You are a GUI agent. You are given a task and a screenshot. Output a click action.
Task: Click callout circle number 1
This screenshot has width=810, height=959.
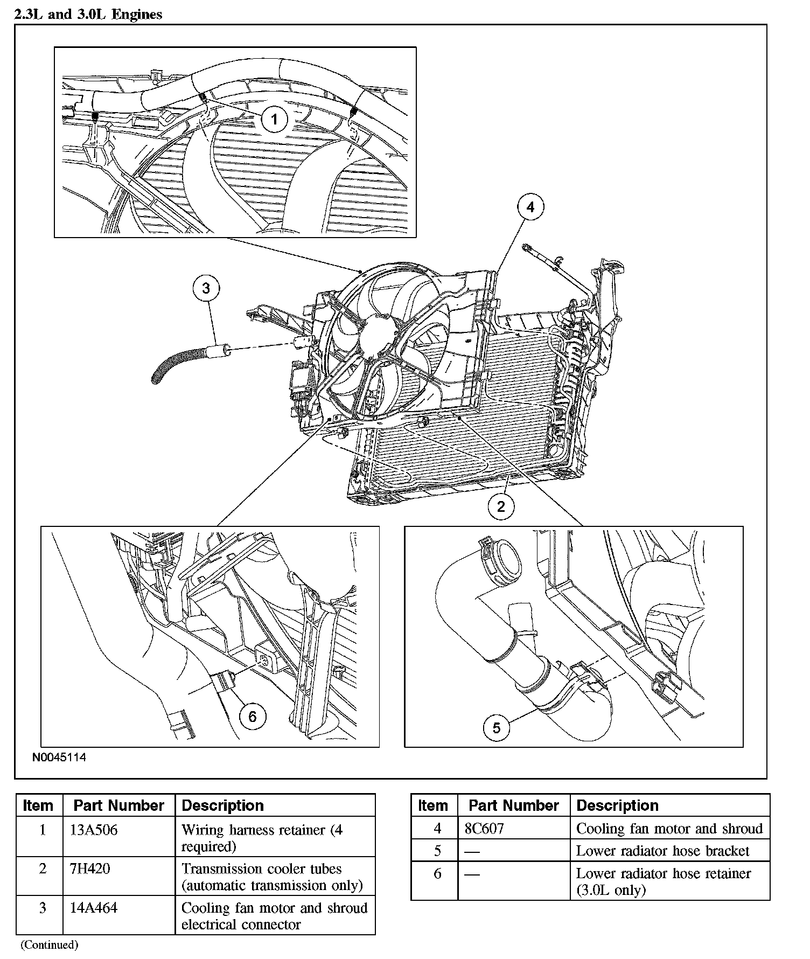point(274,119)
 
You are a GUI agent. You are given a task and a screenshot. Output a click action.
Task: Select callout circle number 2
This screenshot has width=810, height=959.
point(501,506)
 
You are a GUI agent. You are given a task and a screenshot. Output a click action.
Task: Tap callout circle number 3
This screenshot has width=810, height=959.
point(206,288)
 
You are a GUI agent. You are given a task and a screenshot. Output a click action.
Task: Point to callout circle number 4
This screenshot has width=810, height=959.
point(530,207)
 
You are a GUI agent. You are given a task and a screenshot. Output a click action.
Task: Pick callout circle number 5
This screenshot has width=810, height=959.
point(496,728)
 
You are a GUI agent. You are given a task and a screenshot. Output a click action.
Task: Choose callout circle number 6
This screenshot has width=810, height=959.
point(252,716)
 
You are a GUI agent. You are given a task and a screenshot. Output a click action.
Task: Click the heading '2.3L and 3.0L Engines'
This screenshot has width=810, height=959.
point(88,15)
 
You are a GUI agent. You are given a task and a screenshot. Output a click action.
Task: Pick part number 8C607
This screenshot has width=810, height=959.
point(485,828)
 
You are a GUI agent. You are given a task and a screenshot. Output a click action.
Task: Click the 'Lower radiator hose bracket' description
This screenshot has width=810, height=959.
point(662,851)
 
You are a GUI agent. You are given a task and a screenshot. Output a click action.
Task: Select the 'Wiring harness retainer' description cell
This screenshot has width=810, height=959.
point(262,837)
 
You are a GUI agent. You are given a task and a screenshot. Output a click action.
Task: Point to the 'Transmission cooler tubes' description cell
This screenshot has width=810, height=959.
point(271,877)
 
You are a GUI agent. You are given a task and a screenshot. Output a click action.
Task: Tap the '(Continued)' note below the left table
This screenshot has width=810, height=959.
point(49,944)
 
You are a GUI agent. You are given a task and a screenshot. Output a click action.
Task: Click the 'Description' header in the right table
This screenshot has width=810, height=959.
point(617,805)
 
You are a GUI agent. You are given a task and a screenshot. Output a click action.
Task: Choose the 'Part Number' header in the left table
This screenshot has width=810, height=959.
point(118,805)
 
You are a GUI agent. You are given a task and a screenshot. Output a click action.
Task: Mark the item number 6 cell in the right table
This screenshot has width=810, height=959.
point(437,873)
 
